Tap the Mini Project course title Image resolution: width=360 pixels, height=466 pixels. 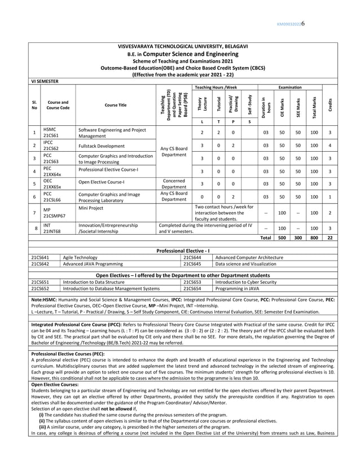click(x=91, y=208)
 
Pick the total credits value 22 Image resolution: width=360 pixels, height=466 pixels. click(x=330, y=238)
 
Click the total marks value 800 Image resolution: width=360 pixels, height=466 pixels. click(x=314, y=238)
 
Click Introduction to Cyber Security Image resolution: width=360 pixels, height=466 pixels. click(x=245, y=282)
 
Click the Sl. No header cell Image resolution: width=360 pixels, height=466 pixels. click(x=34, y=105)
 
